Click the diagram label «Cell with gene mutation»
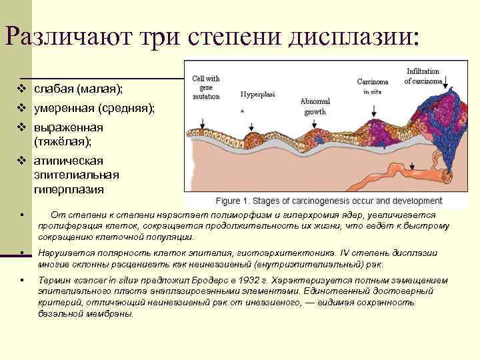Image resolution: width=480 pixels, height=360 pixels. coord(206,87)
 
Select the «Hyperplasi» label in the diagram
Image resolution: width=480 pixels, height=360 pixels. coord(258,95)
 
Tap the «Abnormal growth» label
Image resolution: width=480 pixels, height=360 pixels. coord(315,106)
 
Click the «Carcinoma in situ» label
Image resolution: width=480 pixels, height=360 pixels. coord(367,87)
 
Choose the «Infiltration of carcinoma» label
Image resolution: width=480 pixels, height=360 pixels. coord(423,76)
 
